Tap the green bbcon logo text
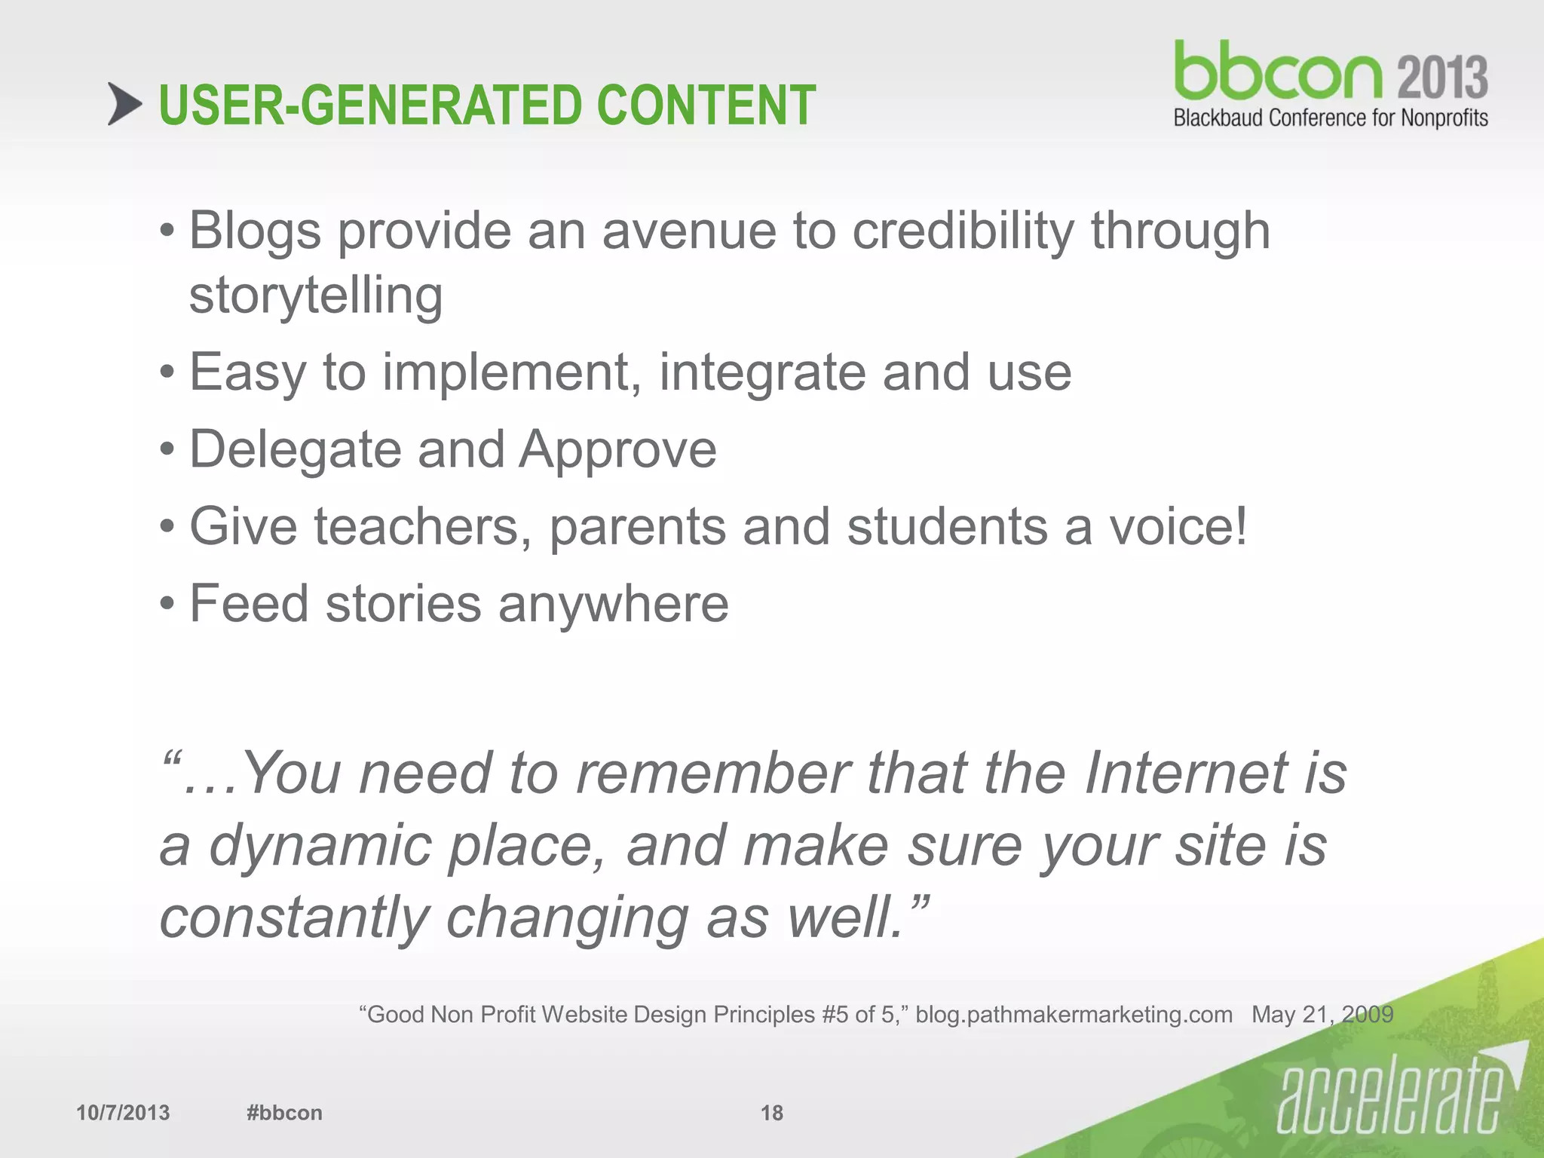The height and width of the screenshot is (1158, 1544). tap(1278, 72)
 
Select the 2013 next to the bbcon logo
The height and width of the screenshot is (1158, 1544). tap(1443, 77)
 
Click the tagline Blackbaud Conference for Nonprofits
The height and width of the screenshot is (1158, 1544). tap(1331, 118)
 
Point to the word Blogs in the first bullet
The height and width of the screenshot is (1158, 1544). tap(255, 231)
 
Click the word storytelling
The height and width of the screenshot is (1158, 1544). tap(316, 295)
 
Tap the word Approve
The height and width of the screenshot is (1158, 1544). tap(618, 450)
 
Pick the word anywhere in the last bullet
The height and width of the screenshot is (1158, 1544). tap(613, 604)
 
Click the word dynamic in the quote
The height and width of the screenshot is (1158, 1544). tap(320, 846)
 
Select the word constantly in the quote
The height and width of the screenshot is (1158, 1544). tap(294, 918)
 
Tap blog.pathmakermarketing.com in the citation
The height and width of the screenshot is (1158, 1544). tap(1074, 1015)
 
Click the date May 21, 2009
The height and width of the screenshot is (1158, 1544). tap(1322, 1015)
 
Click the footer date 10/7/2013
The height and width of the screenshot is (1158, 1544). tap(123, 1113)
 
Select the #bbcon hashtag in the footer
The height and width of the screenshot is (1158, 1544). tap(284, 1113)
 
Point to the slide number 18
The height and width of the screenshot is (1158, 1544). tap(771, 1113)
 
